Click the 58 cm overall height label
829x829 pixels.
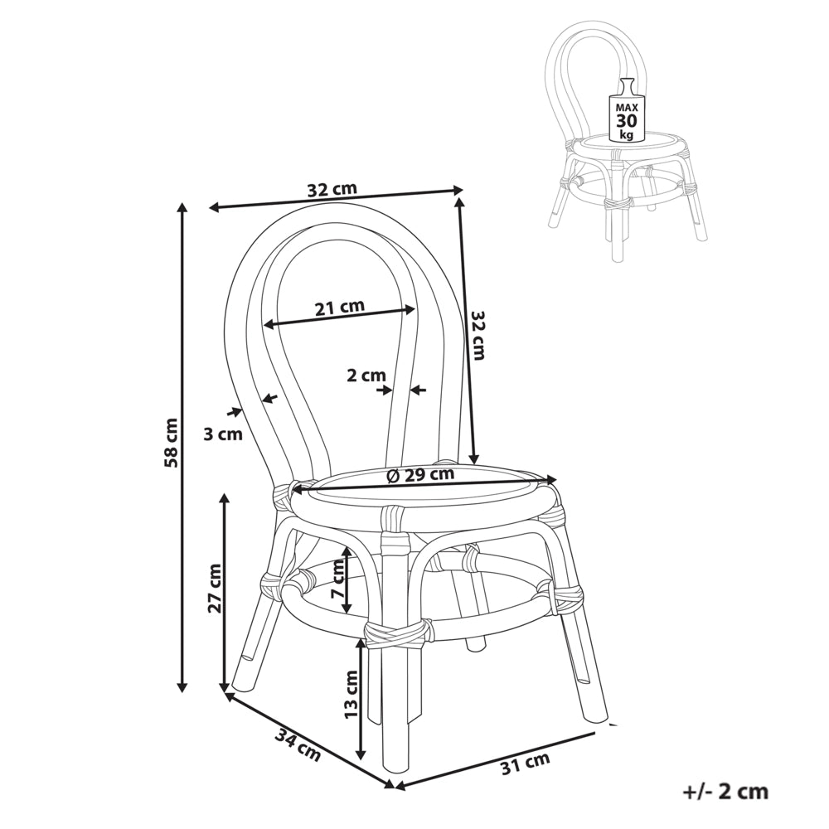pos(171,443)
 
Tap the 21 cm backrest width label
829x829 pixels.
pos(340,307)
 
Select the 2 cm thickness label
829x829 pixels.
pos(366,376)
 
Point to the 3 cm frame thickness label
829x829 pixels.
pos(223,434)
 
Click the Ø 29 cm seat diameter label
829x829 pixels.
pos(420,474)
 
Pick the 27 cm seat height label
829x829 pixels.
pos(214,588)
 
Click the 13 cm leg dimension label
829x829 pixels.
pos(351,693)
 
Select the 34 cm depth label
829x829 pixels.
pos(298,745)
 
